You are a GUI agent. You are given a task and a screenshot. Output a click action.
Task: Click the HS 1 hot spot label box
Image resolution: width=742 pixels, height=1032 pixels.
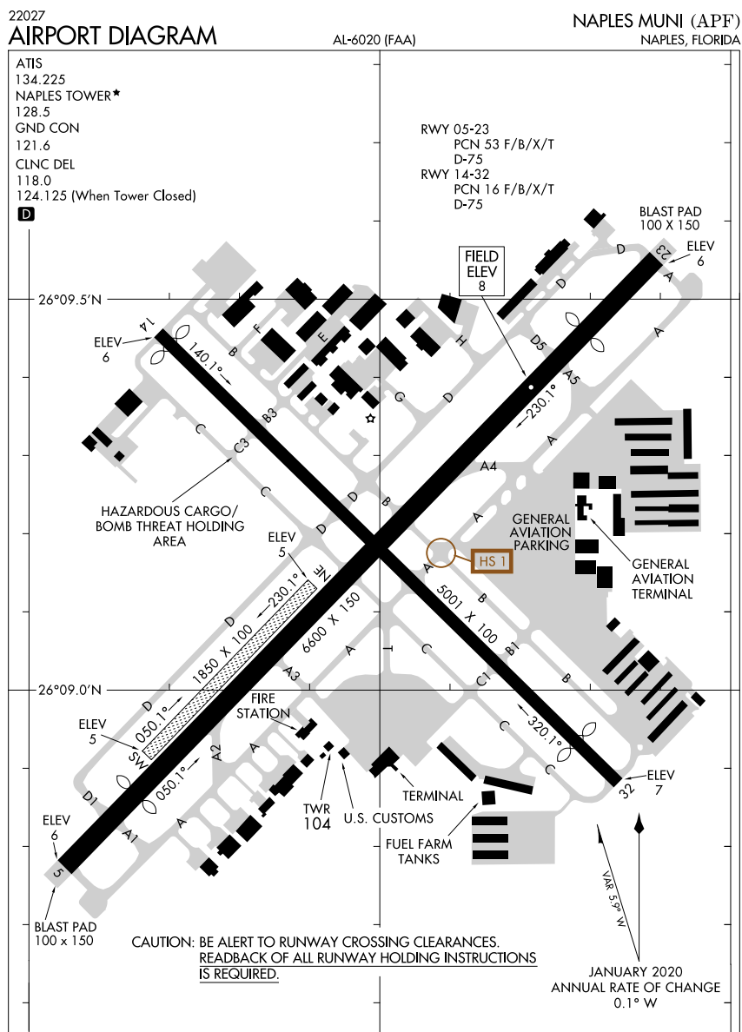492,562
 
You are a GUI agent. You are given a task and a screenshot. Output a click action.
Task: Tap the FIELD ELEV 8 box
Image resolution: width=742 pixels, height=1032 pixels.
481,269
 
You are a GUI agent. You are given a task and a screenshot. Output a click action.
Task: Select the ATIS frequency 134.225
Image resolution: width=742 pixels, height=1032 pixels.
41,79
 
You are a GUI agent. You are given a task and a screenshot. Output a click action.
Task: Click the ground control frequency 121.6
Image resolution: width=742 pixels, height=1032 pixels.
33,145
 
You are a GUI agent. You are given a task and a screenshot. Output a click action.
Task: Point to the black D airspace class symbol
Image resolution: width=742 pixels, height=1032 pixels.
25,214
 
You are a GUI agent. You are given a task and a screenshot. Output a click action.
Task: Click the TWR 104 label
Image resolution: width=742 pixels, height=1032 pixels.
317,817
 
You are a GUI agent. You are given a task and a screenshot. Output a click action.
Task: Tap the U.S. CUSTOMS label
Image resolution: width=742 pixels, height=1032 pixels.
388,817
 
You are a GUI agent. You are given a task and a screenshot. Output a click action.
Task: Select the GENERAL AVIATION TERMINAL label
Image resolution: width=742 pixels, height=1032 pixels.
662,579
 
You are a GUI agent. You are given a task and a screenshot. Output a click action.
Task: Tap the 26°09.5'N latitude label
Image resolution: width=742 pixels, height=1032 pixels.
70,301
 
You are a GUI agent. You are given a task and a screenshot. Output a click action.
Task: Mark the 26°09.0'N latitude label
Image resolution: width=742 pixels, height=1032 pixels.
70,691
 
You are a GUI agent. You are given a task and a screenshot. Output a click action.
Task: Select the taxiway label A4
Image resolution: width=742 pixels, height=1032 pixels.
489,466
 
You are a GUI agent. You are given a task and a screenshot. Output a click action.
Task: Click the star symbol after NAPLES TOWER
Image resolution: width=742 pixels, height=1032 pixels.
116,93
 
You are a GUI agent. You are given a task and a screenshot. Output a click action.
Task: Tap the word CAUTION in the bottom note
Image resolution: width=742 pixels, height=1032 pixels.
162,942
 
